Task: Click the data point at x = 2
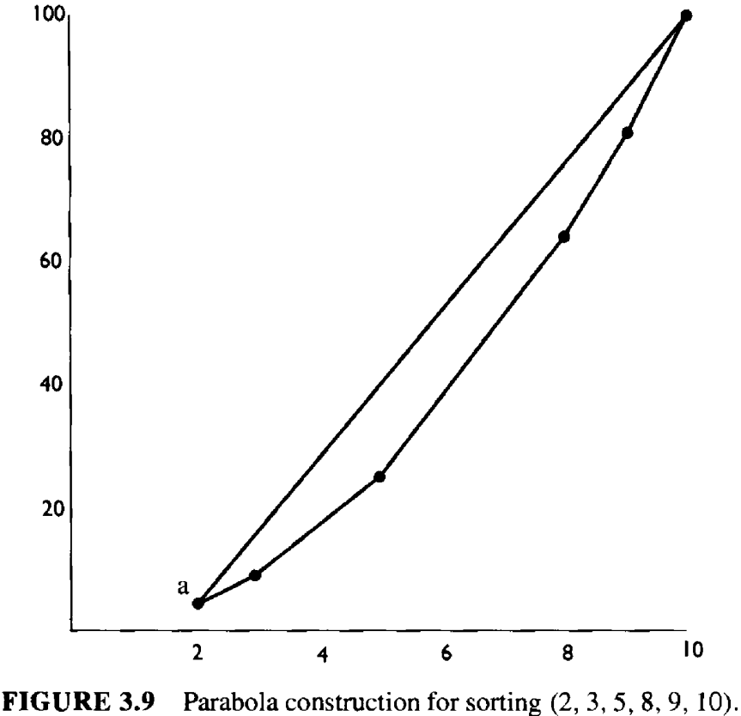tap(198, 604)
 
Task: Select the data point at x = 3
tap(255, 575)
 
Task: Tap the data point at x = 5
tap(380, 476)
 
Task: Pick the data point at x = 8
tap(564, 237)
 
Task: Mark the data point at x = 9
tap(628, 133)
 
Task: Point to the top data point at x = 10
tap(686, 15)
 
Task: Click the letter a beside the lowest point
tap(182, 586)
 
